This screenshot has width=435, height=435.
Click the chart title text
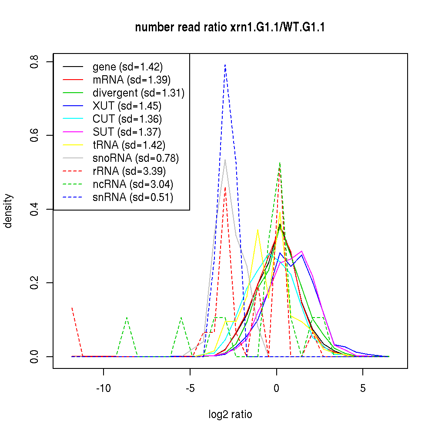pyautogui.click(x=230, y=28)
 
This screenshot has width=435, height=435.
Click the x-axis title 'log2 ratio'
pyautogui.click(x=230, y=415)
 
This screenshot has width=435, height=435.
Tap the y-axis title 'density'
pyautogui.click(x=8, y=211)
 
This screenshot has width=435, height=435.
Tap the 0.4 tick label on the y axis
pyautogui.click(x=34, y=209)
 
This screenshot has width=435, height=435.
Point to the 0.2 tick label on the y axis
pyautogui.click(x=34, y=283)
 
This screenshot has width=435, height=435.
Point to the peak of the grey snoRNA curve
pyautogui.click(x=225, y=160)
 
